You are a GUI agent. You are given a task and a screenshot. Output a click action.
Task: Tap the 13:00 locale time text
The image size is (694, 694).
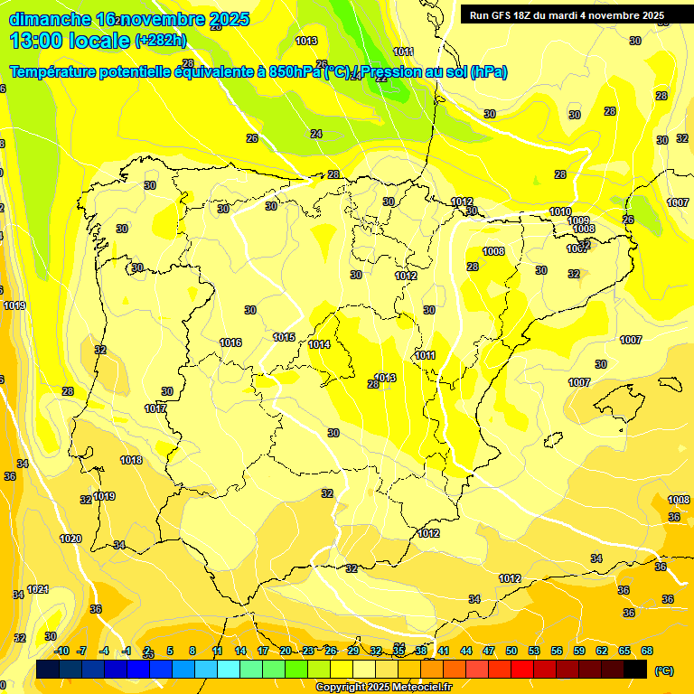[x=69, y=40]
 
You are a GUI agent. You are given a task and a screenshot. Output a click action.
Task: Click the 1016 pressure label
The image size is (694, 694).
[x=230, y=342]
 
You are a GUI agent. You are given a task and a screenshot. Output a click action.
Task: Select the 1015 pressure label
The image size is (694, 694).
[x=284, y=337]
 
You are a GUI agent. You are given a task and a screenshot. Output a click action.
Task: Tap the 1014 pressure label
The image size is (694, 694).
[x=319, y=344]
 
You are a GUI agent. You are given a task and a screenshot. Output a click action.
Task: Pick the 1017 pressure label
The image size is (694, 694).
[x=155, y=408]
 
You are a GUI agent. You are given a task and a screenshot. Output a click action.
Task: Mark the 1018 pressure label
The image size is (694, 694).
[x=131, y=460]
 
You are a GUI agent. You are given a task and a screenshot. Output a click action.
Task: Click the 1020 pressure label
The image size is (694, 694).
[x=70, y=539]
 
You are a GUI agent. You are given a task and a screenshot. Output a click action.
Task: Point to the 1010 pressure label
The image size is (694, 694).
[x=560, y=211]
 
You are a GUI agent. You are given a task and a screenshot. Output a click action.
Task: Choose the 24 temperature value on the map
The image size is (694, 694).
[x=315, y=134]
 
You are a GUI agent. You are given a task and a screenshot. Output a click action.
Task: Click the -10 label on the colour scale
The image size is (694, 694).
[x=62, y=651]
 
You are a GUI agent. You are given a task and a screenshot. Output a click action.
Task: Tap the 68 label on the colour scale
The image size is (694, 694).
[x=647, y=651]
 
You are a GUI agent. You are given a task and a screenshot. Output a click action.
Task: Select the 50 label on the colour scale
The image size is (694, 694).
[x=511, y=651]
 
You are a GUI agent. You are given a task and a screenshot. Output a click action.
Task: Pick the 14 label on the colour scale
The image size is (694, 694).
[x=240, y=651]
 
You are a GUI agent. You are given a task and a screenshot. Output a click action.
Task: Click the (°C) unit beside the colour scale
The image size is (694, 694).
[x=664, y=670]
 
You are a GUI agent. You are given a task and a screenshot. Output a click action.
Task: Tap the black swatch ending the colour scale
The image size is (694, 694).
[x=636, y=669]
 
